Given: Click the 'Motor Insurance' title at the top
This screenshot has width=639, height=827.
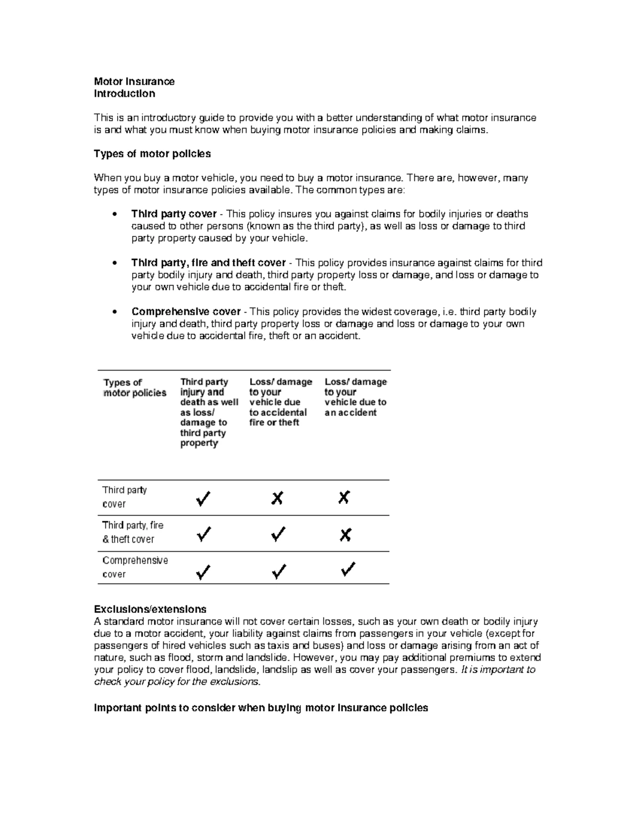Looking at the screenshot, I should click(x=134, y=81).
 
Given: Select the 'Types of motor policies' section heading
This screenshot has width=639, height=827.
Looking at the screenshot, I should click(x=152, y=154).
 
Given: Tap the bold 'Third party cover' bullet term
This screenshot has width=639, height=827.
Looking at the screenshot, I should click(x=174, y=214).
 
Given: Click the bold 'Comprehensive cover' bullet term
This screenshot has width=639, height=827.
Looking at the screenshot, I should click(x=186, y=312).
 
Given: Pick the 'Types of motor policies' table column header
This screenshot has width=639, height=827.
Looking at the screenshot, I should click(x=135, y=388).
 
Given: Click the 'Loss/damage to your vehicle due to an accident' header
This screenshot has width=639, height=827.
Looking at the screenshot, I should click(x=355, y=397).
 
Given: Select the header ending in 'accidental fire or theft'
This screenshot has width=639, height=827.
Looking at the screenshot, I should click(x=280, y=402).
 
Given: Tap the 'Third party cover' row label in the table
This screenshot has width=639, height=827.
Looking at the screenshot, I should click(x=124, y=497).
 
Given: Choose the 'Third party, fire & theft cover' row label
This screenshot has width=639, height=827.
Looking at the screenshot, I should click(x=133, y=532).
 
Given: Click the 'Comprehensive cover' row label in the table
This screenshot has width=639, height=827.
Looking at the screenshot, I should click(x=135, y=567).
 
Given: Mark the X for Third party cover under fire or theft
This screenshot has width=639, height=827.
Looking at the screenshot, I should click(x=277, y=498).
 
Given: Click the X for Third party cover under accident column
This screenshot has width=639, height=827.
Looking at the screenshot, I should click(x=344, y=498).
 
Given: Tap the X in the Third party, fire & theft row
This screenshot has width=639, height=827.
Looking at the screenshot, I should click(x=345, y=535).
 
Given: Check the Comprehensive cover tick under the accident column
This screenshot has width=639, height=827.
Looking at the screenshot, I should click(x=348, y=569).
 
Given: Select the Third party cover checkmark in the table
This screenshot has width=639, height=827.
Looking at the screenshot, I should click(x=203, y=499).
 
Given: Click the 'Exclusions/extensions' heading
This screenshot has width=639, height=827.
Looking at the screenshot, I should click(x=150, y=609).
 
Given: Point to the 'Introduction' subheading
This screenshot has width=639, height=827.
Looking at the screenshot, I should click(x=125, y=94).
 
